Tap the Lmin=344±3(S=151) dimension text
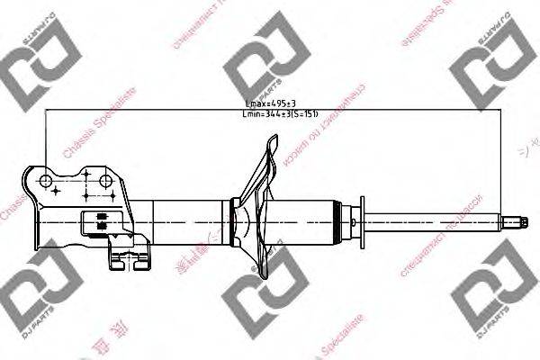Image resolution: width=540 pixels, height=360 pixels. tap(281, 115)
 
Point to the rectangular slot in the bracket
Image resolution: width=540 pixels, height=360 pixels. tap(99, 218)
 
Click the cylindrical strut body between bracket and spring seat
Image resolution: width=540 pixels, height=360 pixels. tap(189, 217)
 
